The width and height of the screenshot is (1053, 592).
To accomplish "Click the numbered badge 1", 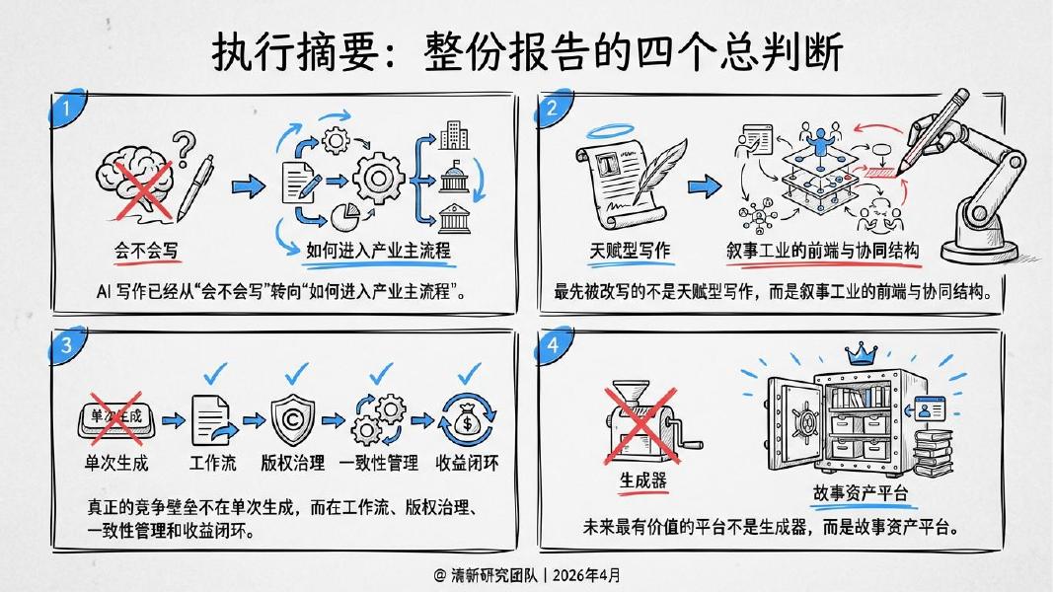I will coord(65,110).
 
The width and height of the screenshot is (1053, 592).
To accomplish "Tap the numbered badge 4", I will coord(554,345).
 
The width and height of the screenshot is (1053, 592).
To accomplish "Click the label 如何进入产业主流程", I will coord(377,251).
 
